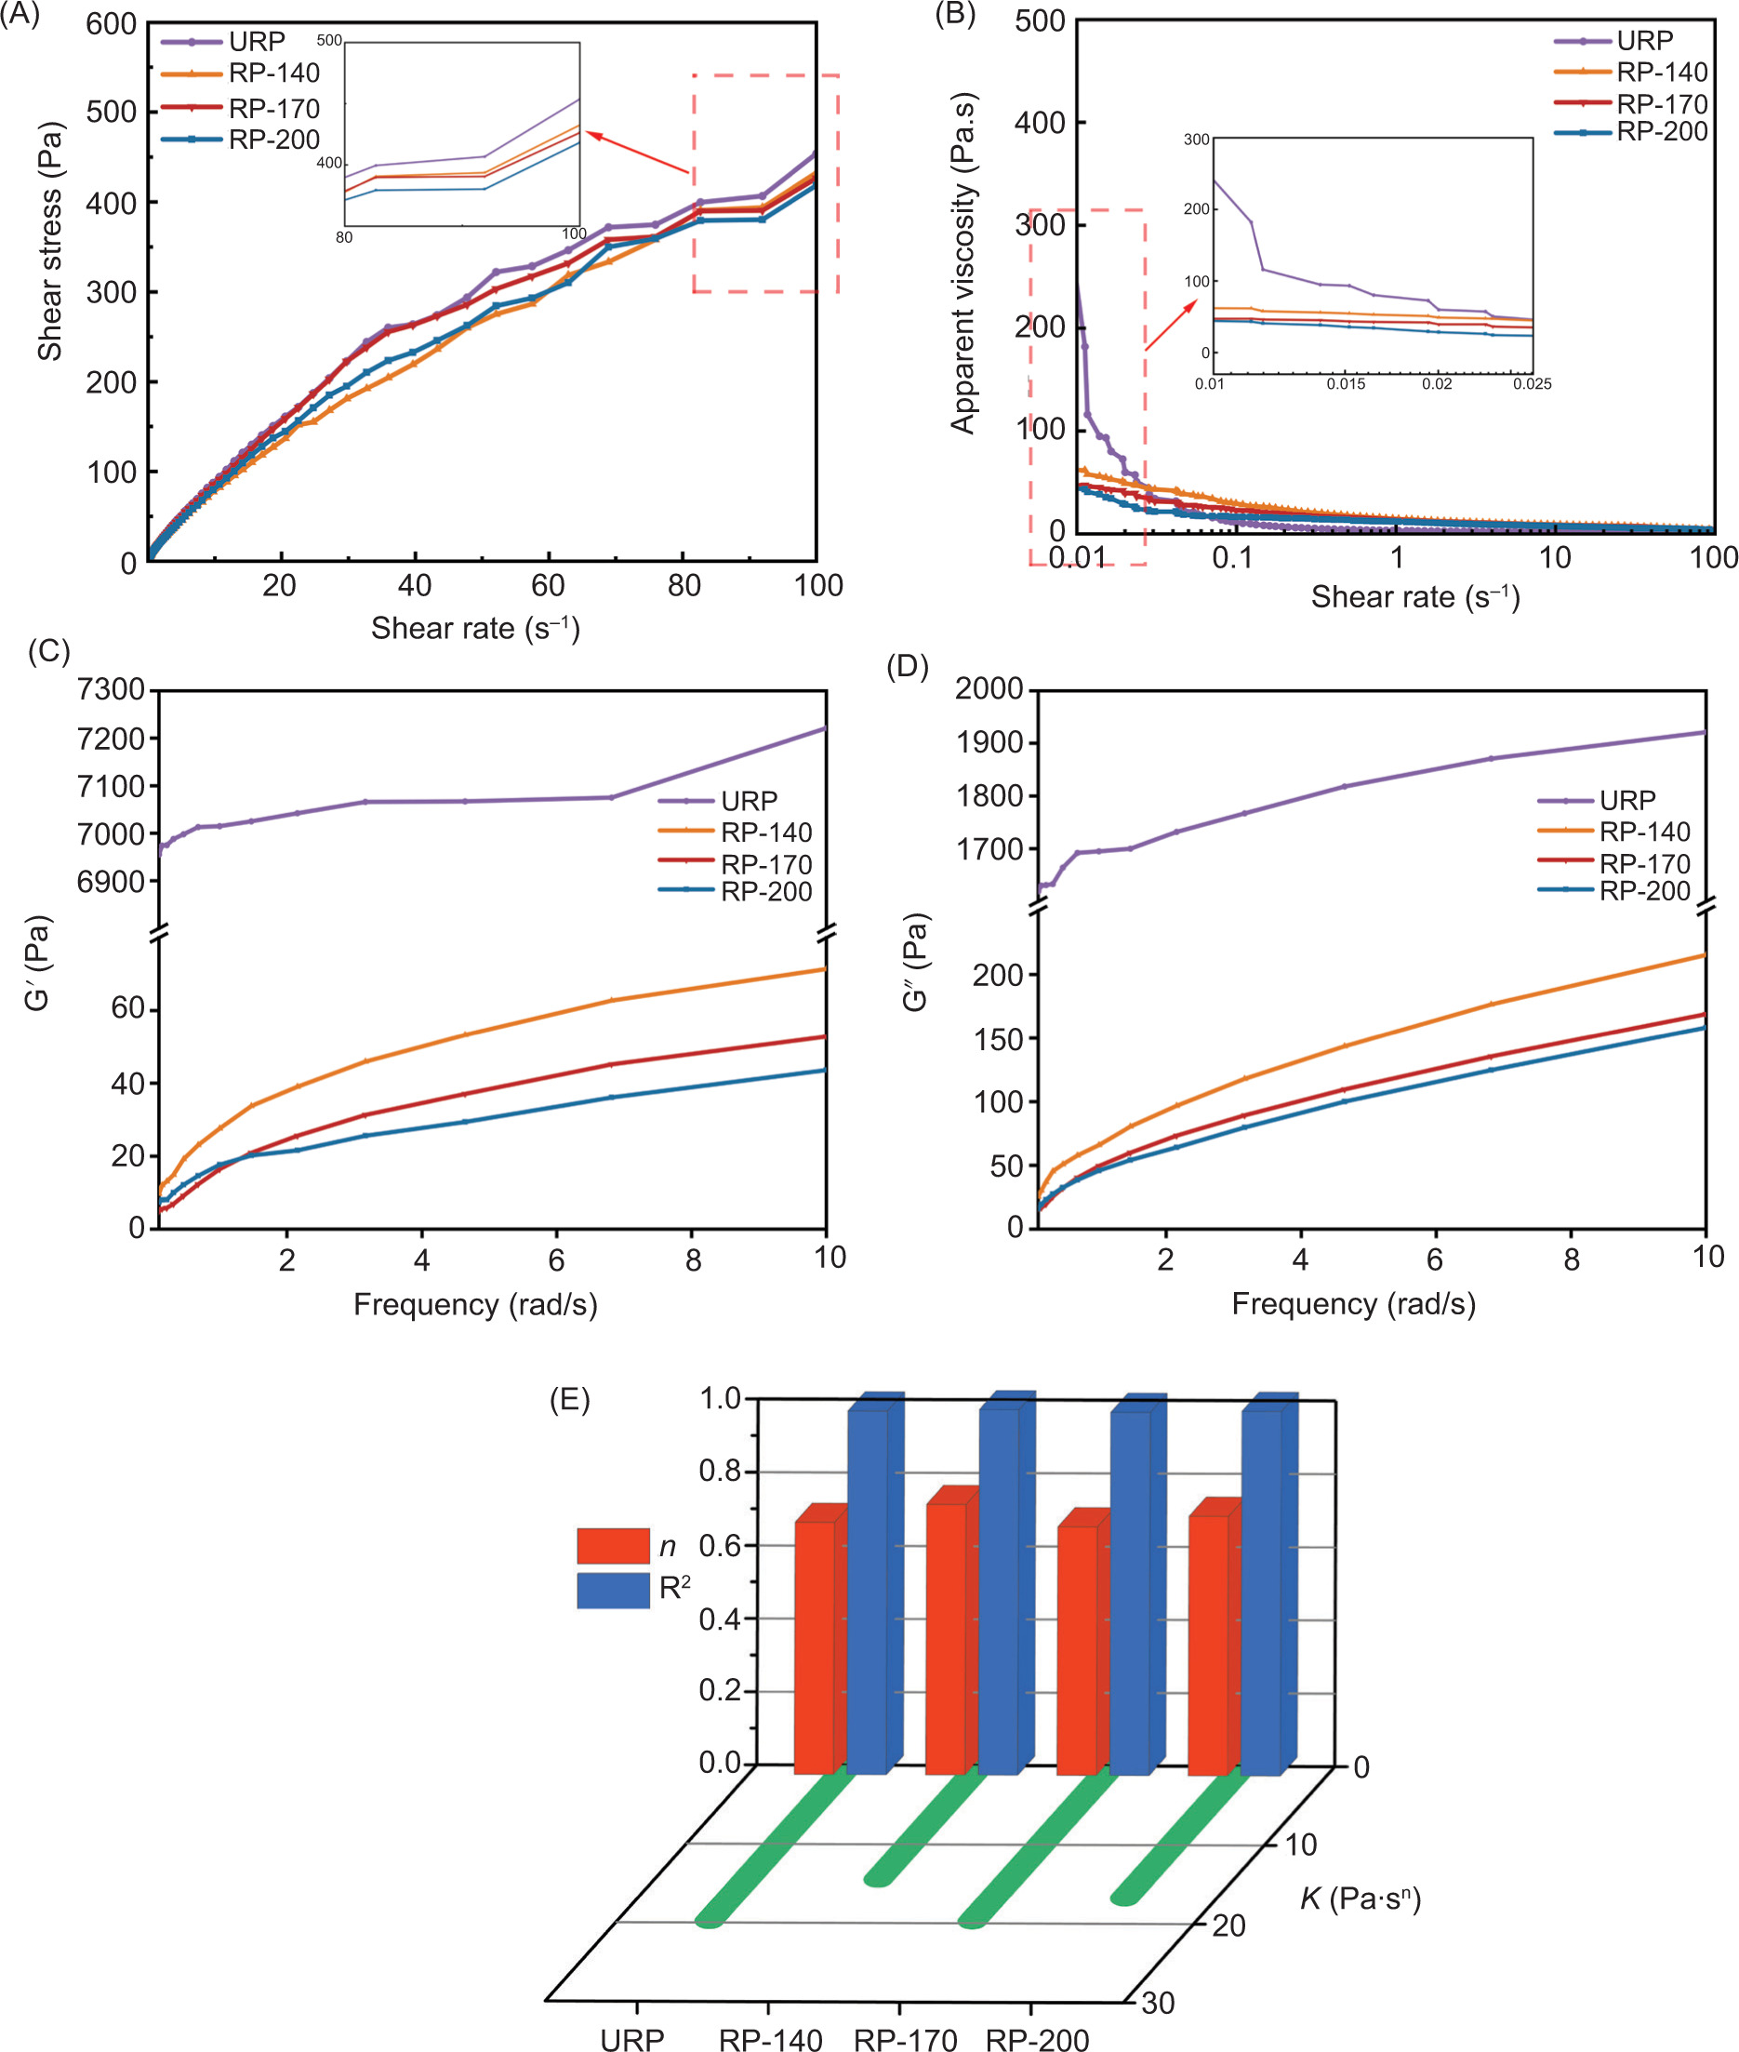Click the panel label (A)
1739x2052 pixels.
[x=20, y=16]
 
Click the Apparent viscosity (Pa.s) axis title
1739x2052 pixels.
[x=963, y=263]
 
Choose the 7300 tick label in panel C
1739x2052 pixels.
[x=111, y=689]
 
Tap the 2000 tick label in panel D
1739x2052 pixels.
[x=989, y=688]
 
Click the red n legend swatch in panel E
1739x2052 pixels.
[x=613, y=1545]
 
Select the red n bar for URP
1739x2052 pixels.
[x=815, y=1646]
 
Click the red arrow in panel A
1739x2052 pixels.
[x=638, y=153]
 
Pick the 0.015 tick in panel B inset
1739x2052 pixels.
[x=1346, y=383]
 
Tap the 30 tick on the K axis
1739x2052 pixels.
[x=1159, y=2003]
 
